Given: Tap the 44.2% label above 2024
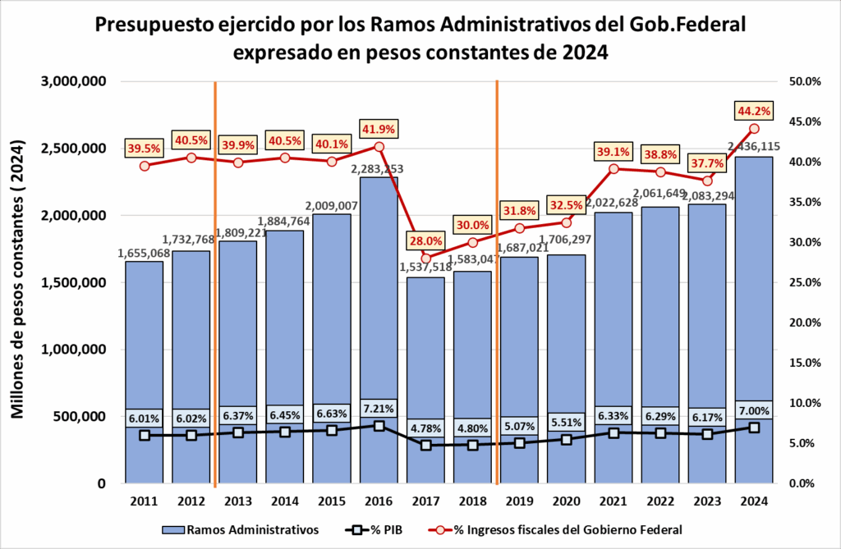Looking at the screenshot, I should (x=755, y=111).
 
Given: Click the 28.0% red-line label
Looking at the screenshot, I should (x=425, y=240).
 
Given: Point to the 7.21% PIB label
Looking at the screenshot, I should (x=379, y=408).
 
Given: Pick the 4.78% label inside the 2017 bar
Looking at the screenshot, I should (x=425, y=427).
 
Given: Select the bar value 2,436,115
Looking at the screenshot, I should (x=753, y=146).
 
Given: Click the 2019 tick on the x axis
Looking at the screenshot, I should (x=520, y=500).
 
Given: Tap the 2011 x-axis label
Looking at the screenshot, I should (x=144, y=500).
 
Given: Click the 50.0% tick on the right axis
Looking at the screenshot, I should (x=804, y=81).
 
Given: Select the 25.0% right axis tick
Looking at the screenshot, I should (x=804, y=282).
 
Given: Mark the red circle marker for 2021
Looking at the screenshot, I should (x=614, y=169).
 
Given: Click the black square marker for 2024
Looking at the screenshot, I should (x=755, y=428).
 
